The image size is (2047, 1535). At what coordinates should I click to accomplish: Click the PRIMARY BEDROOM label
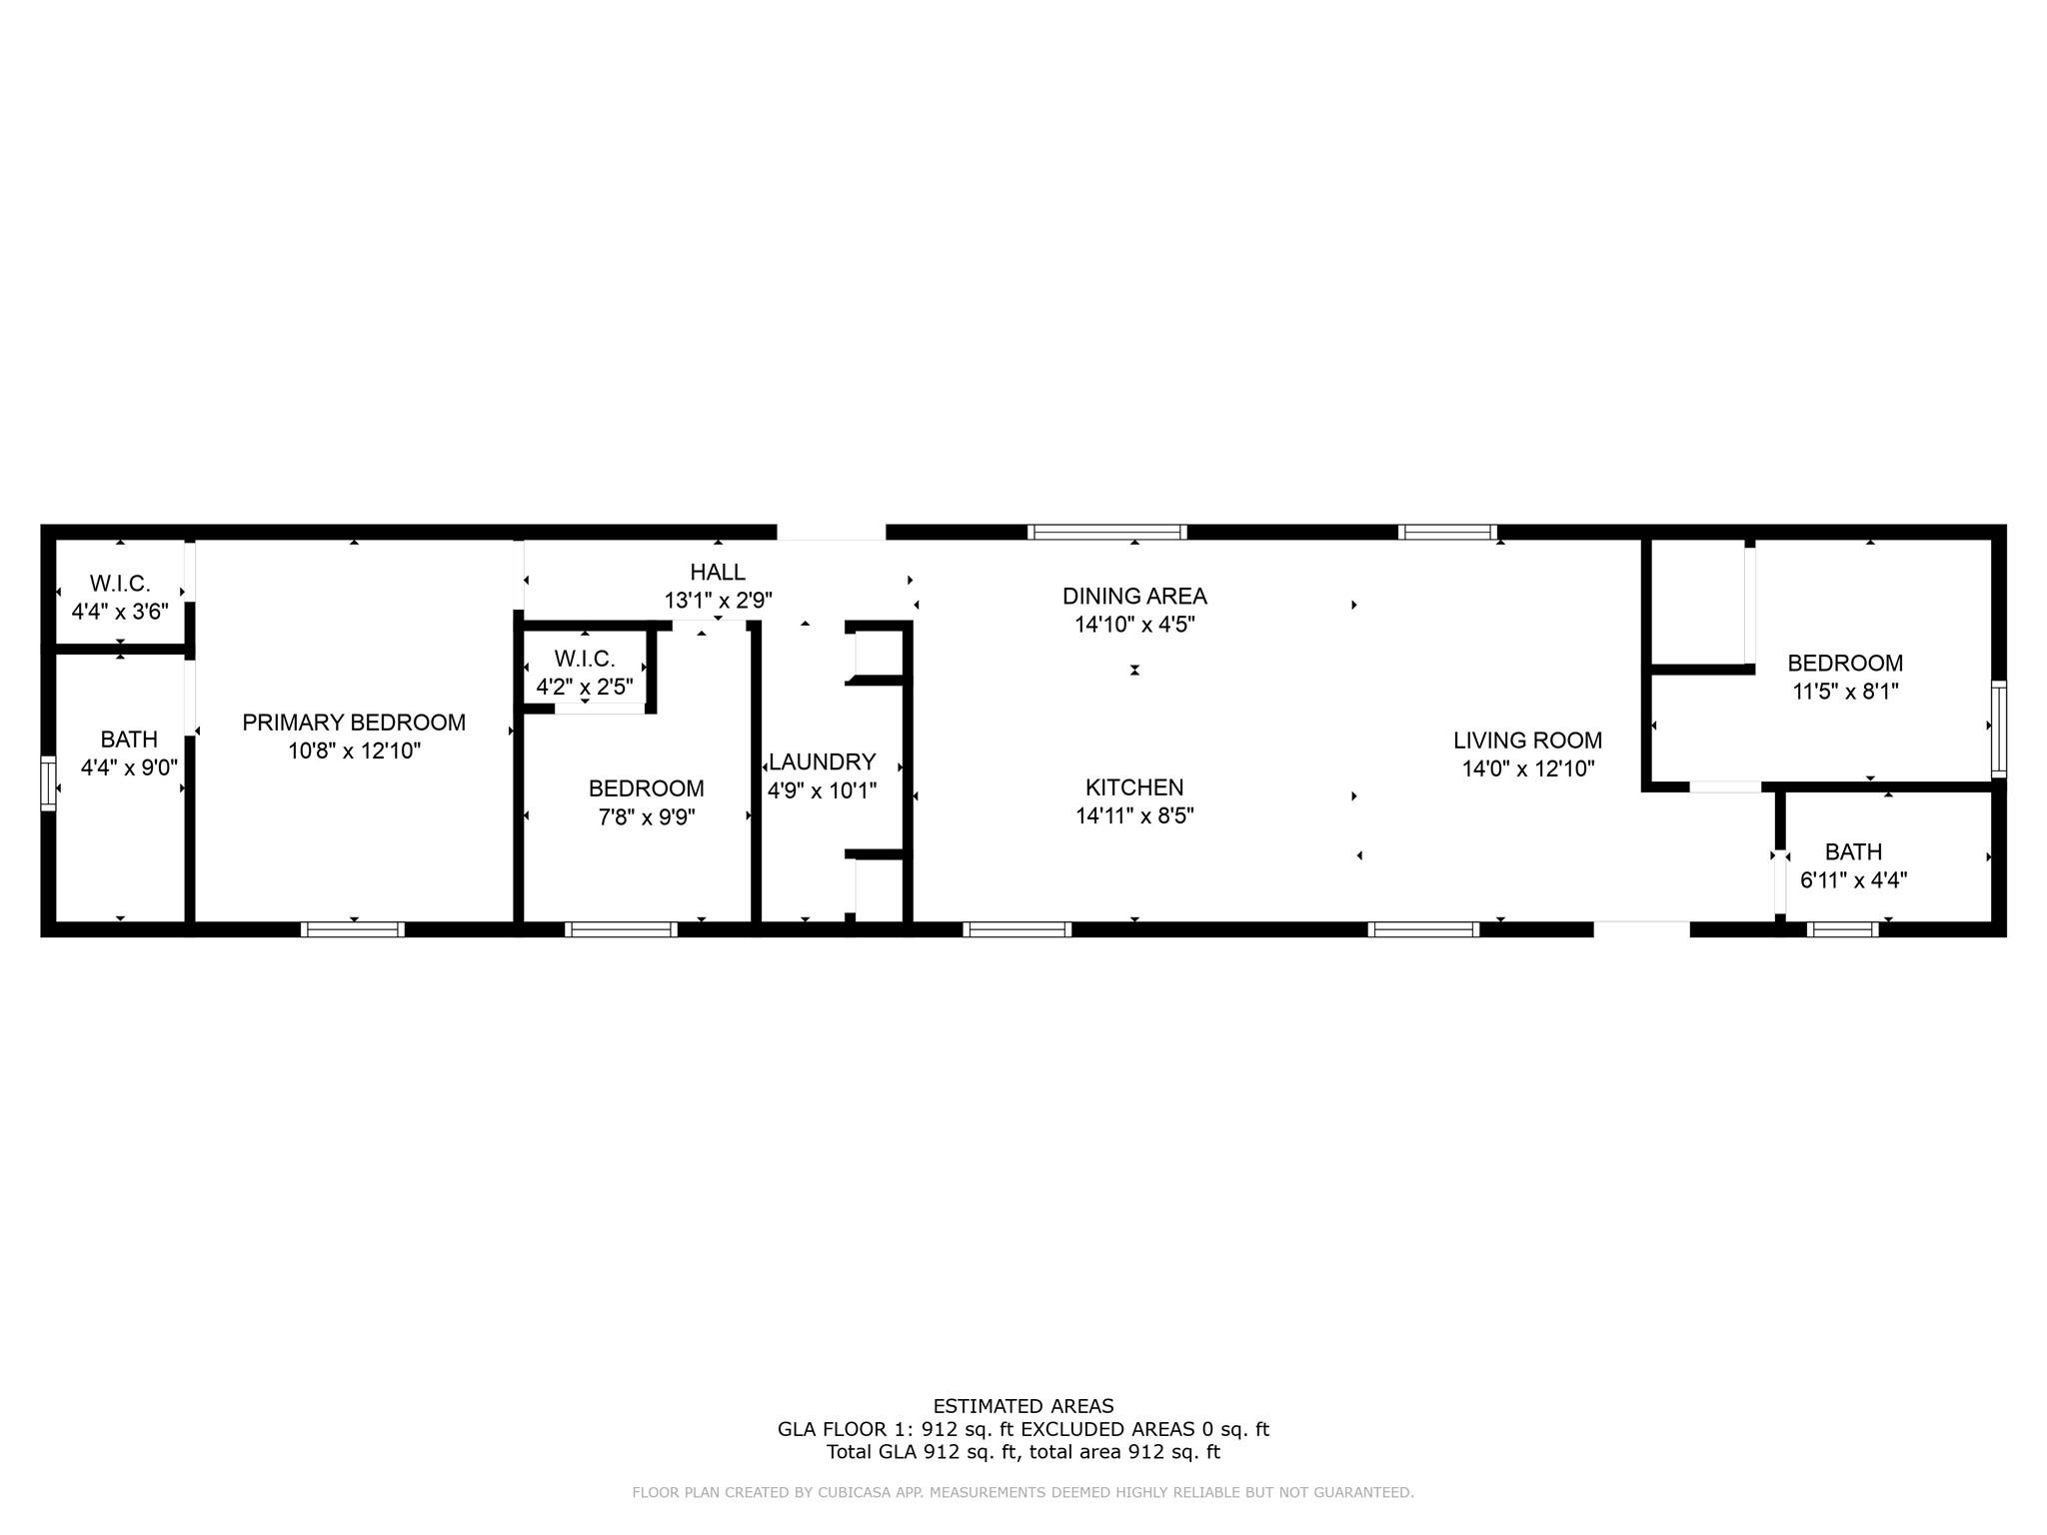coord(354,723)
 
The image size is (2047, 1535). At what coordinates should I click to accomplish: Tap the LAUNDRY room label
coord(822,763)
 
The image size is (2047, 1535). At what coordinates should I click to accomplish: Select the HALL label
coord(718,573)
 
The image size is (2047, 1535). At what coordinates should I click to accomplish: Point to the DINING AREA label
coord(1134,597)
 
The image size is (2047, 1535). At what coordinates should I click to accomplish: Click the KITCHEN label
coord(1134,787)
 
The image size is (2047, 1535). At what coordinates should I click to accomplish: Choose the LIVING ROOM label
coord(1527,741)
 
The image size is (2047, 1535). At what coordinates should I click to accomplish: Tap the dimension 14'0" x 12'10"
coord(1527,769)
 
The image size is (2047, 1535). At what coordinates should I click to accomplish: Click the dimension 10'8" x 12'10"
coord(354,752)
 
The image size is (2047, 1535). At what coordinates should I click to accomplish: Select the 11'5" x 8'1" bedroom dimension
coord(1845,692)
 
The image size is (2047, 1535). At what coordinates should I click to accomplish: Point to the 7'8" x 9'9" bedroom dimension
coord(647,817)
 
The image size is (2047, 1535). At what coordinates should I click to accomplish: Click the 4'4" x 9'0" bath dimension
coord(129,768)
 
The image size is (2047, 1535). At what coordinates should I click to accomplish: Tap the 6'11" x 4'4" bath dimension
coord(1853,880)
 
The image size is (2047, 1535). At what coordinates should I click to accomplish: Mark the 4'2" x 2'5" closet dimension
coord(585,688)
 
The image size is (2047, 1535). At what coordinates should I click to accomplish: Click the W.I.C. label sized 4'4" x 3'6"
coord(120,584)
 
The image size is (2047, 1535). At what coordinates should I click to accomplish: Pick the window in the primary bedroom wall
coord(353,929)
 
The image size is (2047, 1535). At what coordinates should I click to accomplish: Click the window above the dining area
coord(1107,532)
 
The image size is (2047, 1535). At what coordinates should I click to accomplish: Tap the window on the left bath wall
coord(48,783)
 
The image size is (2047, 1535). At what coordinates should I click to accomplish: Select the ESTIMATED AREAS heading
coord(1023,1406)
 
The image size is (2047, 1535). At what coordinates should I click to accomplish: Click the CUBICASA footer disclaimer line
coord(1023,1493)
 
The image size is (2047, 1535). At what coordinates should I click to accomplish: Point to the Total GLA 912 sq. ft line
coord(1023,1452)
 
